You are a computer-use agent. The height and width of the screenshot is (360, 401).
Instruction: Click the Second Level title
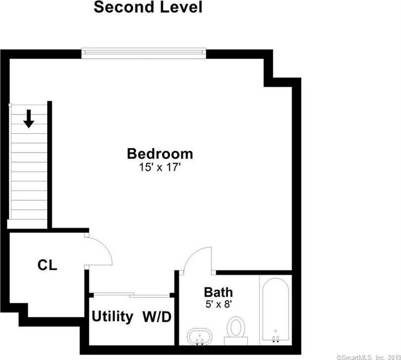point(148,7)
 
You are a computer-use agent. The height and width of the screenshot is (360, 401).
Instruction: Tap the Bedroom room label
point(160,154)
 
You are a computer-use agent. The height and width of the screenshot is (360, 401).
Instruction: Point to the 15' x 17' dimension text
point(160,168)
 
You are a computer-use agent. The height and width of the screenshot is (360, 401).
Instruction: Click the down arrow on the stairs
point(29,119)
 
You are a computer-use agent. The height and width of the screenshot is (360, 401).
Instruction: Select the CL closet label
point(47,265)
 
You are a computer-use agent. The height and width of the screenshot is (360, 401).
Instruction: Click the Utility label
point(112,316)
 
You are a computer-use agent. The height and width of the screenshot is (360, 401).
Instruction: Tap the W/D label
point(157,317)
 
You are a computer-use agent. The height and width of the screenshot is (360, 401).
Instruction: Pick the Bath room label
point(218,292)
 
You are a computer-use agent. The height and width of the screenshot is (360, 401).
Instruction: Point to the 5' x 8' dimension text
point(219,304)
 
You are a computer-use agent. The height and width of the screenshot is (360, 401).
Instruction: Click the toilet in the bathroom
point(236,330)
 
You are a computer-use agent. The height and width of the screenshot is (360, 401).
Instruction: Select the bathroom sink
point(200,336)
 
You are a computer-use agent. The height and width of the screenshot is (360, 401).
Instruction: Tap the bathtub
point(276,310)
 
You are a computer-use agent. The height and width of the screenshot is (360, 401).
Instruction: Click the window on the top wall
point(144,53)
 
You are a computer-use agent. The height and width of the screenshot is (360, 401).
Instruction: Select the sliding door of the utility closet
point(132,295)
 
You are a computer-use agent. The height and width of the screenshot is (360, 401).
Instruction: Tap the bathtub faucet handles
point(275,339)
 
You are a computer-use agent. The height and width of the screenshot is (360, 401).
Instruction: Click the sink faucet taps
point(199,342)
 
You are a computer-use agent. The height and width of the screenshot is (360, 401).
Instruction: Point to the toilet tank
point(236,341)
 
